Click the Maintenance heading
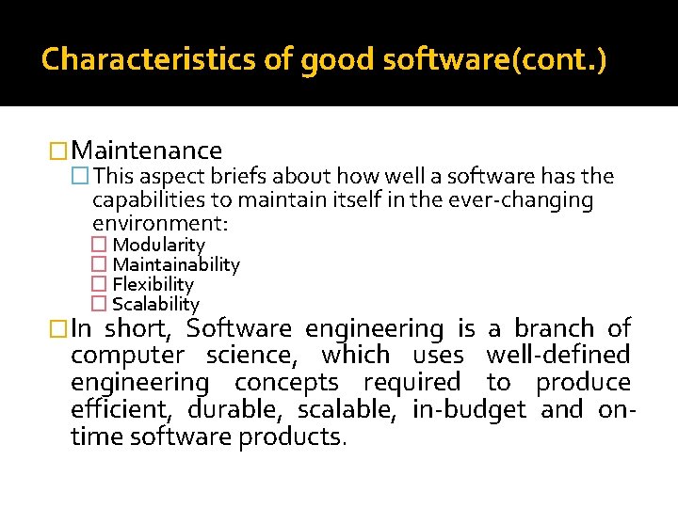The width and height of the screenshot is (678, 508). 146,151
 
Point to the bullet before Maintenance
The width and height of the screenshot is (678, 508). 59,151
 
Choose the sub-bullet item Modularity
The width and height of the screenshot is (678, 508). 158,246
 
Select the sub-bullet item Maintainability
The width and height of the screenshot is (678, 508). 176,265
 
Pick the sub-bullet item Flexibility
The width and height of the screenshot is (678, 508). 153,284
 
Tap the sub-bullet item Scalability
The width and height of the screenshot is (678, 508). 155,304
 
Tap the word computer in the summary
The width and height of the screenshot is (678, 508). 128,356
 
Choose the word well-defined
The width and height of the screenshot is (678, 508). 557,356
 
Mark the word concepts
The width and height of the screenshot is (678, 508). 286,383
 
